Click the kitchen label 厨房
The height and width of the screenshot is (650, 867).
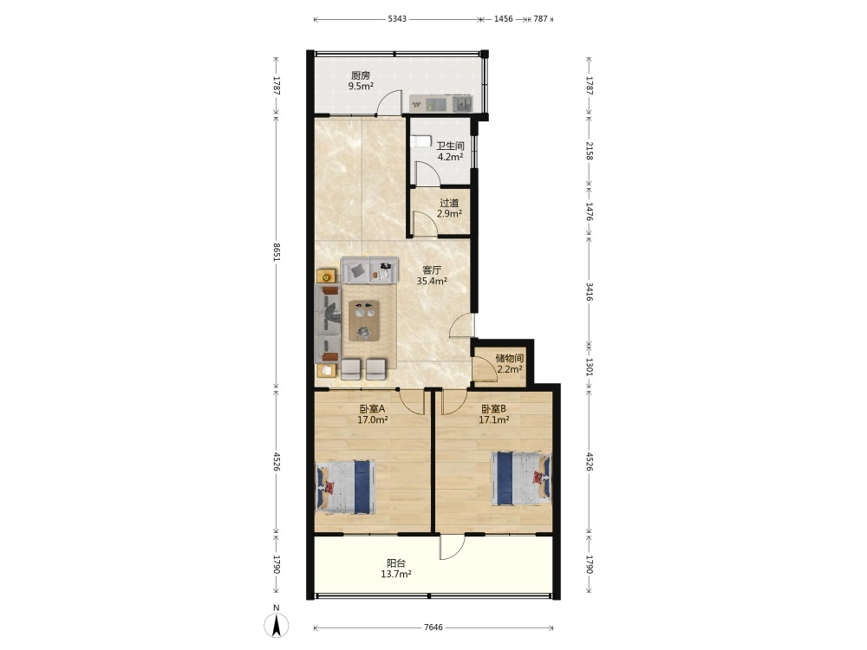tap(361, 75)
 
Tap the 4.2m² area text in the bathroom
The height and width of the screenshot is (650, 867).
tap(450, 156)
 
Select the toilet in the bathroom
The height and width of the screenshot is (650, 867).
tap(420, 141)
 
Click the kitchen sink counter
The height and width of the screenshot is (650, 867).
tap(440, 103)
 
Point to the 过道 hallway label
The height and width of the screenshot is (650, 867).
tap(449, 203)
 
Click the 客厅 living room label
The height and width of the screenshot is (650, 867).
tap(432, 270)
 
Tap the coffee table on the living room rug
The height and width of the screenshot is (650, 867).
tap(364, 321)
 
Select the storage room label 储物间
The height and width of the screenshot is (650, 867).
tap(509, 358)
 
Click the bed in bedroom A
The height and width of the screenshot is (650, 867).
tap(346, 487)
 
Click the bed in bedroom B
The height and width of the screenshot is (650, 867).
tap(521, 478)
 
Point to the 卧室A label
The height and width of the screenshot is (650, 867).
tap(372, 409)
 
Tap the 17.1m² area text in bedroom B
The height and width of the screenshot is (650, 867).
tap(494, 419)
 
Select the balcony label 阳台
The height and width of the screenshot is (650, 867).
tap(396, 564)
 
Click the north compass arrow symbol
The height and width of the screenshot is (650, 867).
tap(277, 625)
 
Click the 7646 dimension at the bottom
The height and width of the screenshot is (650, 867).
tap(433, 627)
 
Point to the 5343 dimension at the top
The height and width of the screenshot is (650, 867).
tap(397, 19)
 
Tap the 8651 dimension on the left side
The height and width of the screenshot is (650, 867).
tap(277, 252)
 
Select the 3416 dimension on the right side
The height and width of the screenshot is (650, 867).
tap(590, 291)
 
